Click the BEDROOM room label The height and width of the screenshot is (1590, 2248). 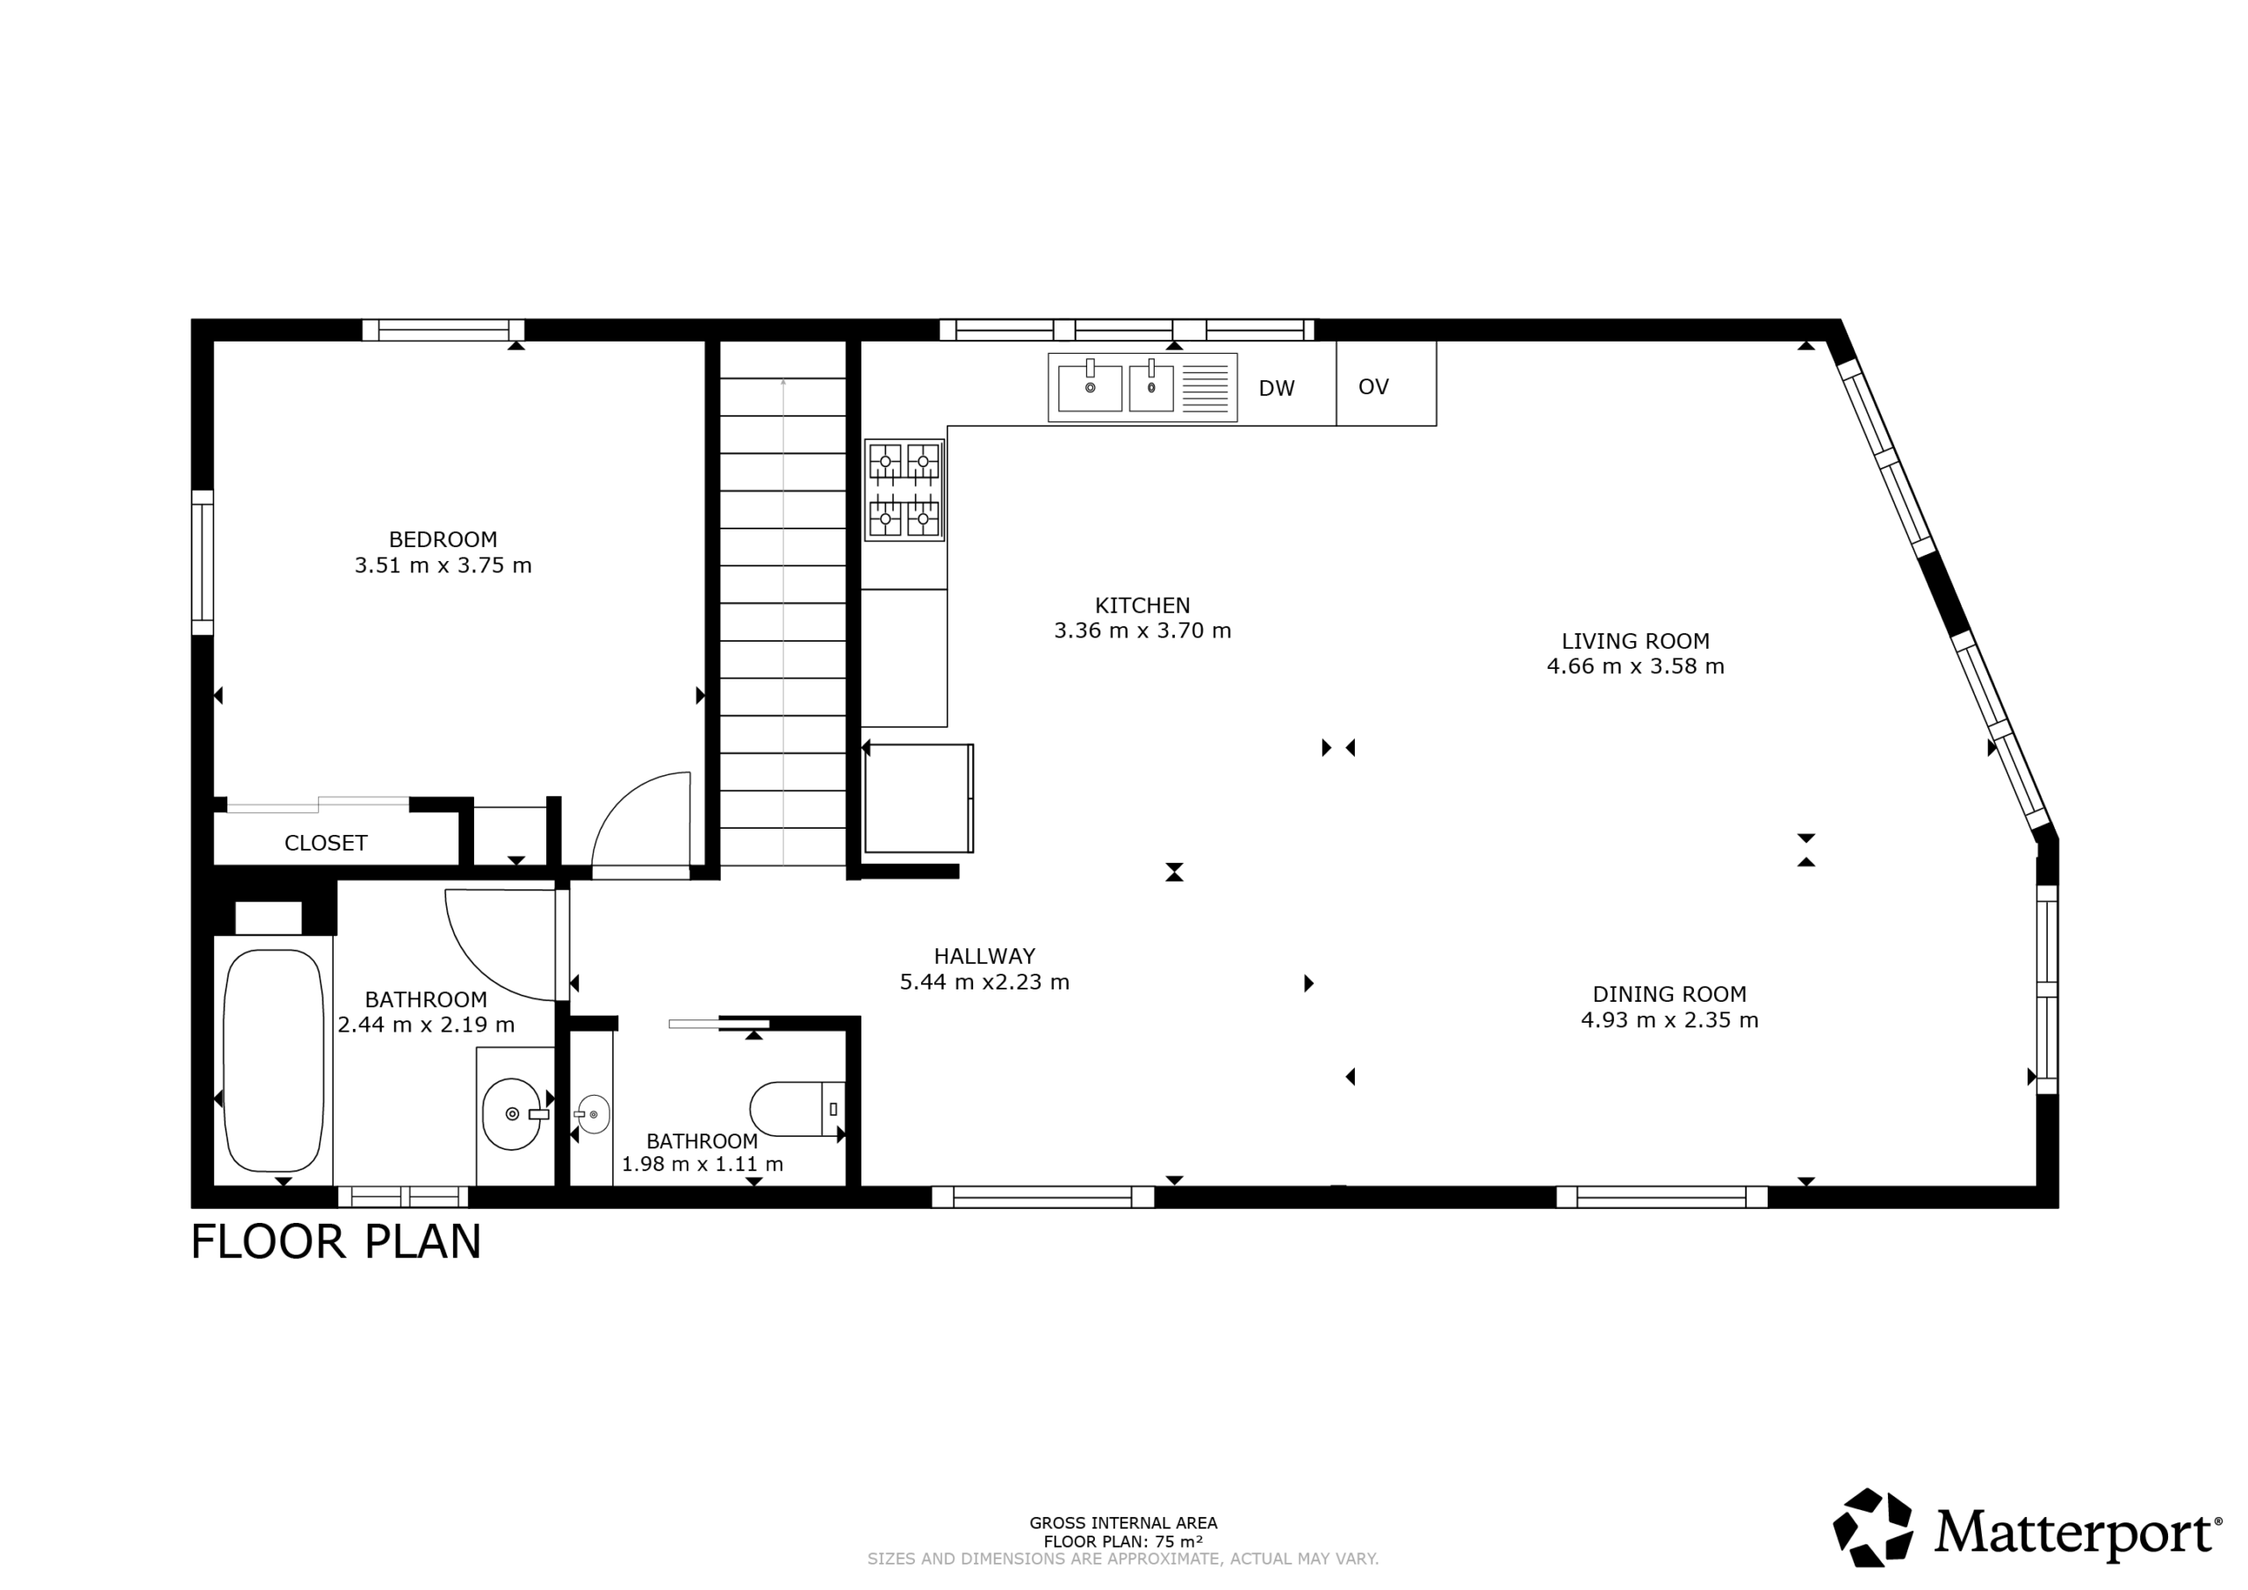443,539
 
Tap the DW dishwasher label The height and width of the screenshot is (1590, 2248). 1277,389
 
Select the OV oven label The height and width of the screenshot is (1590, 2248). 1373,386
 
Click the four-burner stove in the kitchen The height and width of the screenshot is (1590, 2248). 904,490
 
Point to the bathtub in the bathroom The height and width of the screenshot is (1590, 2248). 273,1061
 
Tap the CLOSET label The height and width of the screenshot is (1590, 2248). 326,843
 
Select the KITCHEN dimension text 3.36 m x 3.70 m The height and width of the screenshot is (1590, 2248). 1142,630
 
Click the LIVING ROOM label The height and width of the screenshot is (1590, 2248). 1635,641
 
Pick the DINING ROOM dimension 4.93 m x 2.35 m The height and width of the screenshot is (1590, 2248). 1669,1020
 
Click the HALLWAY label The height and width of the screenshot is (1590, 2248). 984,956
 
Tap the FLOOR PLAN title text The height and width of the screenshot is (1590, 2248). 335,1242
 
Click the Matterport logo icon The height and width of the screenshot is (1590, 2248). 1873,1528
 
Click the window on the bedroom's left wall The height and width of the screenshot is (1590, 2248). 202,563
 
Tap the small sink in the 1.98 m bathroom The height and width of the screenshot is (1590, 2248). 594,1114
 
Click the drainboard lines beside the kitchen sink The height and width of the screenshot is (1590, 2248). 1206,389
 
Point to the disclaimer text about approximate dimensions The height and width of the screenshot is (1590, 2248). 1123,1558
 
